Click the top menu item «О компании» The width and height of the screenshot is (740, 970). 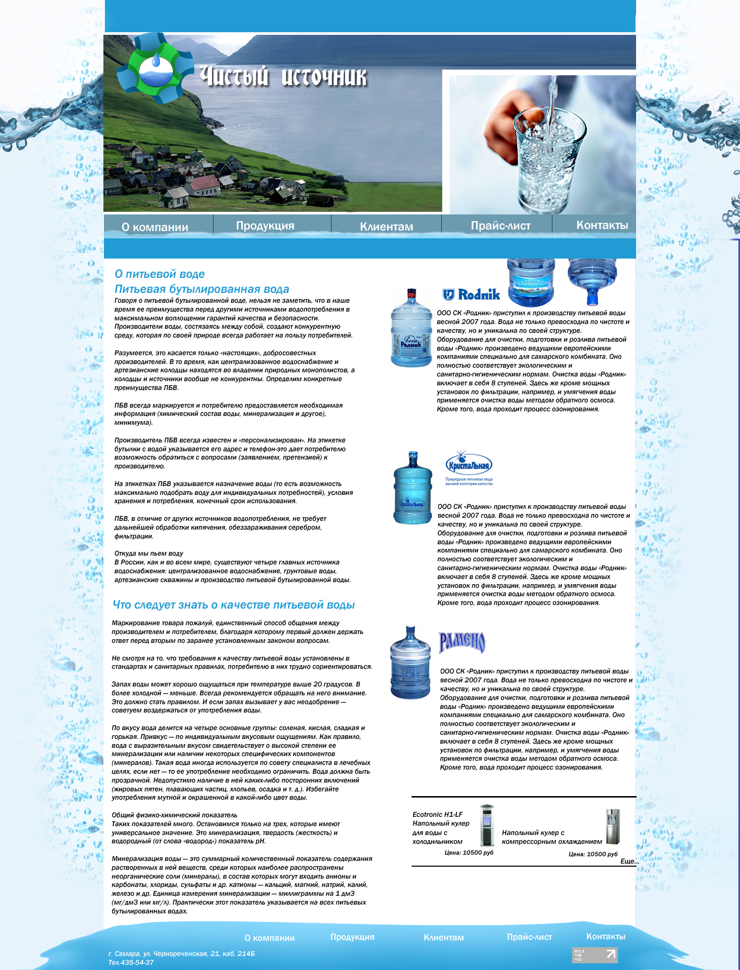coord(155,227)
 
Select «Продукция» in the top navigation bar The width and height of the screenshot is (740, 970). coord(265,226)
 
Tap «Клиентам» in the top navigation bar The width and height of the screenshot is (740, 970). coord(387,227)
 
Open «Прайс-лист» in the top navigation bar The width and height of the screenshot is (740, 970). coord(500,226)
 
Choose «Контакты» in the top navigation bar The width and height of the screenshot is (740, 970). coord(602,225)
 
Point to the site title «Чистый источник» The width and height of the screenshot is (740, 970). coord(283,77)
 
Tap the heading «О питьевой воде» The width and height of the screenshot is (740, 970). coord(160,274)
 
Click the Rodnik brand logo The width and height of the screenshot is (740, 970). coord(471,295)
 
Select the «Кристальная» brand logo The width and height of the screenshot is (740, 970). coord(469,466)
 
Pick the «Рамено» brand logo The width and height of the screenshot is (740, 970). coord(462,642)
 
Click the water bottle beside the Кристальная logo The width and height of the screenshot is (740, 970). coord(413,488)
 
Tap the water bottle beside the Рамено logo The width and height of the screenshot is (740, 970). coord(411,662)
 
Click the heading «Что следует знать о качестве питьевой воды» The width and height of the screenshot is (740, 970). coord(233,605)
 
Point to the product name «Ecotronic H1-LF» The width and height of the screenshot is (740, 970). coord(437,815)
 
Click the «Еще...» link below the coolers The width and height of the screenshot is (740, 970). coord(629,861)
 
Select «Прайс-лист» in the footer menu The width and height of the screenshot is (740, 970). coord(529,937)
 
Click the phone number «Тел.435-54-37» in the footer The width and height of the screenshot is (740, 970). coord(131,963)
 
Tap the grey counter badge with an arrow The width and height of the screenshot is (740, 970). coord(595,954)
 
